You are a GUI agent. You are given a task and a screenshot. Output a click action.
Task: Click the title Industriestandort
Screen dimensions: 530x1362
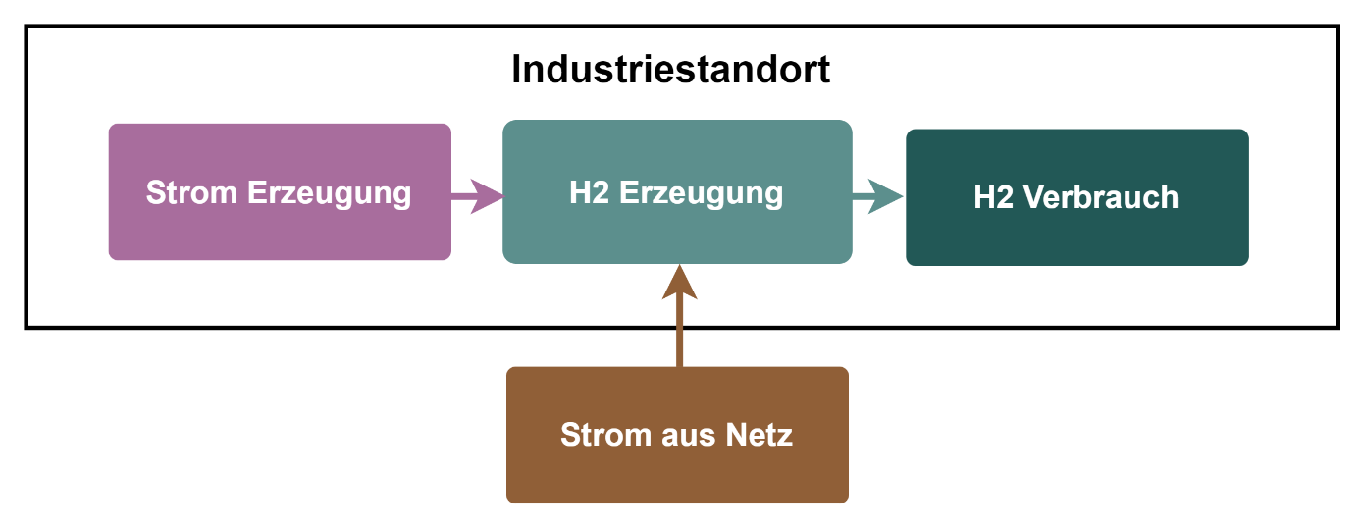671,71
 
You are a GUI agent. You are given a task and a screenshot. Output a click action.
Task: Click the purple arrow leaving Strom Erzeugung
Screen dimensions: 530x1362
477,195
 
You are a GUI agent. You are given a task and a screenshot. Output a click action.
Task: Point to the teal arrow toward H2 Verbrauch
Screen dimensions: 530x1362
877,196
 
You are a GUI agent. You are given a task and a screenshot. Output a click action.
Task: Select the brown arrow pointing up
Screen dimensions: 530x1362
679,319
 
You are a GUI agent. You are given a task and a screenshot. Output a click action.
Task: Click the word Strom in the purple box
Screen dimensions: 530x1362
191,192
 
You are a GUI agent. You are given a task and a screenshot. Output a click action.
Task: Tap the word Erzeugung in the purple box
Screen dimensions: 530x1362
329,193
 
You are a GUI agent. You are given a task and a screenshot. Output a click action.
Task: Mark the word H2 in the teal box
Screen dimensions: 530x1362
589,192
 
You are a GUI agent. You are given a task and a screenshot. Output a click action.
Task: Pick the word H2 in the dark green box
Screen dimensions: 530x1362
993,197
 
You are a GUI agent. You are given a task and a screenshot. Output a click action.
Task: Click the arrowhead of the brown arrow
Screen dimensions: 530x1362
679,283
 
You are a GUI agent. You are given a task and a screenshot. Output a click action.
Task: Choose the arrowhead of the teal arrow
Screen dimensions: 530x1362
888,196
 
